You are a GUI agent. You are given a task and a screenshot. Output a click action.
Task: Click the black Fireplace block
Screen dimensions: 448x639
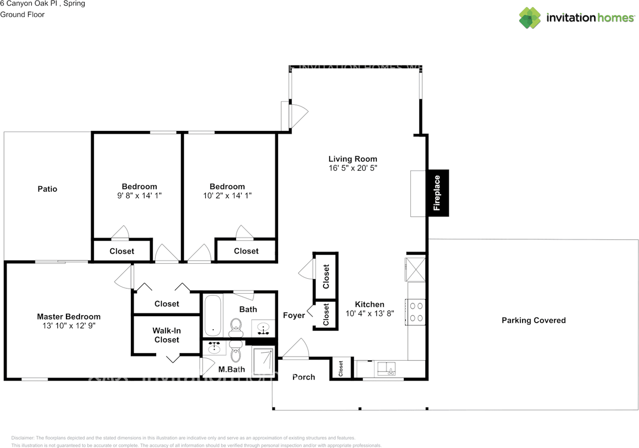[x=437, y=193]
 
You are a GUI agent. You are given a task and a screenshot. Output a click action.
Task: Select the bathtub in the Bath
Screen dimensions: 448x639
[x=212, y=316]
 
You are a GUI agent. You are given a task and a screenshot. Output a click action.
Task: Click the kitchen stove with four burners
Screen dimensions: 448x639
[x=416, y=312]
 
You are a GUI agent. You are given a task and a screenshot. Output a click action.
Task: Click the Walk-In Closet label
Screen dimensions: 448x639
[x=166, y=335]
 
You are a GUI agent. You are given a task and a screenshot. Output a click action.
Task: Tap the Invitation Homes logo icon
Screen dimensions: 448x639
[x=530, y=18]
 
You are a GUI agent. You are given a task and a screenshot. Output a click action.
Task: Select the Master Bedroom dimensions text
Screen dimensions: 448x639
[x=69, y=326]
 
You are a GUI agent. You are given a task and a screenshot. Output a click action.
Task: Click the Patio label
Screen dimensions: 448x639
[x=47, y=189]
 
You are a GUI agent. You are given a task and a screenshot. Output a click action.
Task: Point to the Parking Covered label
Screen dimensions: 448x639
[x=533, y=320]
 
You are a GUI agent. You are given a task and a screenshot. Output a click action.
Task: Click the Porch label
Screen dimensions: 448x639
[x=304, y=377]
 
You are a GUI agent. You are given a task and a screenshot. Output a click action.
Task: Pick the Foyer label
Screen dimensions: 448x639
[x=294, y=315]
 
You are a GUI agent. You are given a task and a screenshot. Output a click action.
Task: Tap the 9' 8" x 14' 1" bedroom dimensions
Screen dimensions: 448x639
[x=136, y=196]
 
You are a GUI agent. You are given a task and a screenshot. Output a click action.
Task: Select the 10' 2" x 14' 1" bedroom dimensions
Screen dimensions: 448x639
[x=227, y=196]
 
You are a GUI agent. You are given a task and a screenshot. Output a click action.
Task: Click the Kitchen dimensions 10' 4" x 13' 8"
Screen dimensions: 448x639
[x=369, y=314]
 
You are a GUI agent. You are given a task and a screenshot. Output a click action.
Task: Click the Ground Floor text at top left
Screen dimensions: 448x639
[x=22, y=14]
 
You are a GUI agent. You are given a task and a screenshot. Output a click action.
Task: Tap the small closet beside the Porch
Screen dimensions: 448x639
[x=341, y=369]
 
